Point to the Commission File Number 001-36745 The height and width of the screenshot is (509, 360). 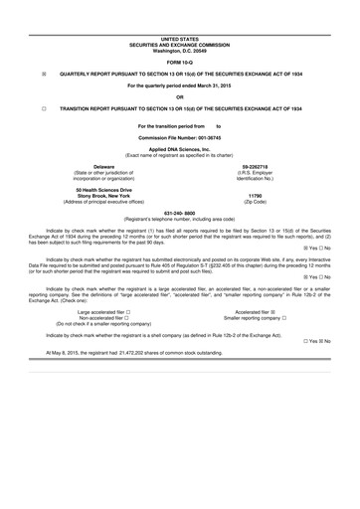[x=180, y=135]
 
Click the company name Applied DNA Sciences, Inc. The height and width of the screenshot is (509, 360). [x=180, y=147]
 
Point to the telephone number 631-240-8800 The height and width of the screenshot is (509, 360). [x=180, y=213]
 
